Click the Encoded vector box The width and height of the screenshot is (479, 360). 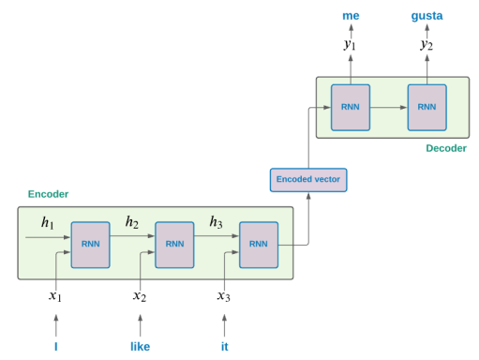tap(307, 179)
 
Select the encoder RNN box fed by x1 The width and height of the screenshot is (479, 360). tap(91, 244)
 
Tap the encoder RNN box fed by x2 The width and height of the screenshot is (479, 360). tap(174, 244)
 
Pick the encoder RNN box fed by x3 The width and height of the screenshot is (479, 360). tap(259, 244)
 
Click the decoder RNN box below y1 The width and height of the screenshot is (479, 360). tap(351, 107)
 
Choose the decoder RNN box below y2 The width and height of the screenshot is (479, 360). tap(427, 107)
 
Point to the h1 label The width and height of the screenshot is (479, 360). tap(48, 223)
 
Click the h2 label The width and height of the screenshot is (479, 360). tap(133, 223)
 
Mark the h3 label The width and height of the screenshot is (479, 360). tap(216, 223)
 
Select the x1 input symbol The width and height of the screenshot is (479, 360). tap(55, 296)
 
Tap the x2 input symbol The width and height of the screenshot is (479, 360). tap(140, 296)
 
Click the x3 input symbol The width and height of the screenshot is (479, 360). tap(224, 296)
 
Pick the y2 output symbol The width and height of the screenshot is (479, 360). tap(427, 45)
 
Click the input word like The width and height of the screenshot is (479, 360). tap(140, 347)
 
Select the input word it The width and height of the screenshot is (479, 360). tap(224, 347)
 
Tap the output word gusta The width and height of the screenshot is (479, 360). tap(427, 16)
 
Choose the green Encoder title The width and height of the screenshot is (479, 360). tap(48, 194)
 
